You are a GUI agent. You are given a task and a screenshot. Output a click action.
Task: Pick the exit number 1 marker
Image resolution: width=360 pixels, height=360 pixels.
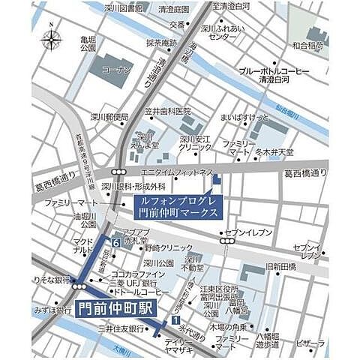point(175,320)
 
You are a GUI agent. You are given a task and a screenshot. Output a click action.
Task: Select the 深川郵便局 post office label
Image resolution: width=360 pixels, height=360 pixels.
point(110,117)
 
